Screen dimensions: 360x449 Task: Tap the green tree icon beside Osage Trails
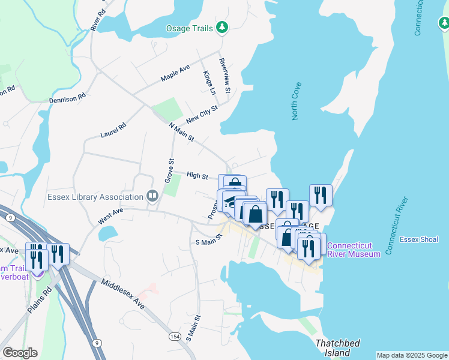point(223,27)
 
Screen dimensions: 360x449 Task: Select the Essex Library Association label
point(95,197)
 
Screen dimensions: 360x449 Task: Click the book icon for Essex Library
point(152,196)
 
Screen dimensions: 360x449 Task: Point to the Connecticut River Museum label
point(354,250)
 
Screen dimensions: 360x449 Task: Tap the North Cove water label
point(296,101)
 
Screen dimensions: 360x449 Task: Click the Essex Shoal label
point(420,239)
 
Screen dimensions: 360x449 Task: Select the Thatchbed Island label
point(338,348)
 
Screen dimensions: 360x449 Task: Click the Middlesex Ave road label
point(123,294)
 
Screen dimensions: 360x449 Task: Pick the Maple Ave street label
point(175,73)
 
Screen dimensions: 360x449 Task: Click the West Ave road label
point(110,217)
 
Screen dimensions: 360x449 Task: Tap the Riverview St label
point(225,76)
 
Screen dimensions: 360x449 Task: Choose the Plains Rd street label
point(41,297)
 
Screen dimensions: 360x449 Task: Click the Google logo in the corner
point(20,353)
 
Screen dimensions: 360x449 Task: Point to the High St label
point(197,176)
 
